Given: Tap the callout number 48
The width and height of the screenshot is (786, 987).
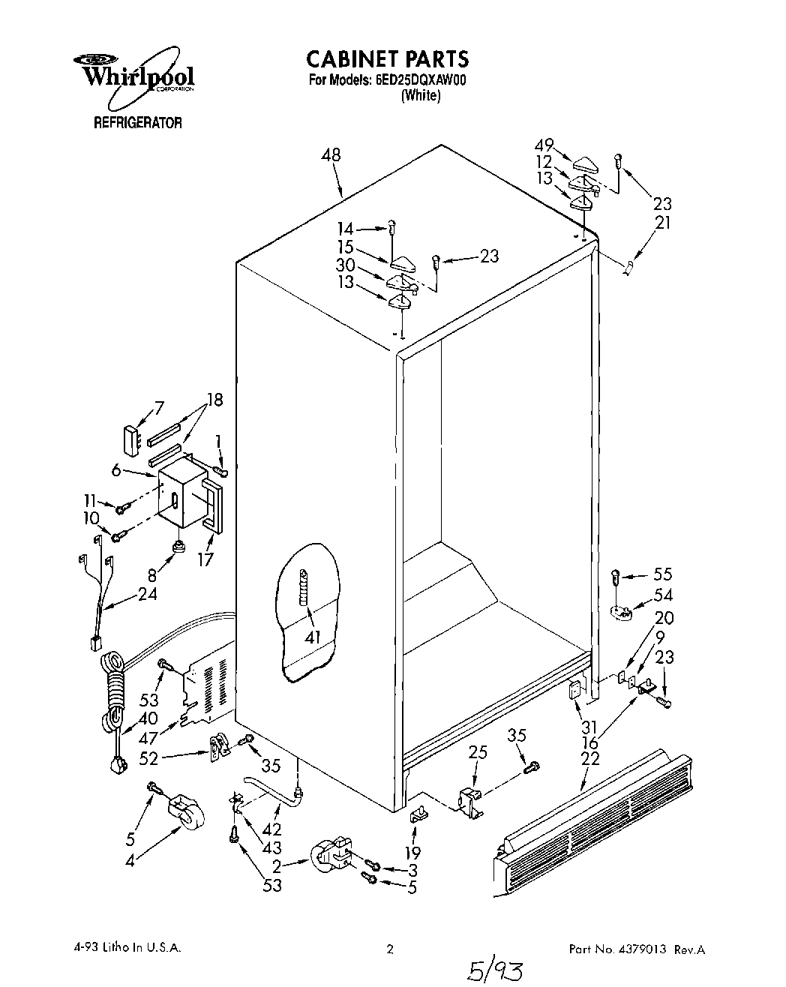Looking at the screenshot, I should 331,155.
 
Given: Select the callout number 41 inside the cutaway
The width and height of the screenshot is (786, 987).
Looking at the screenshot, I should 313,637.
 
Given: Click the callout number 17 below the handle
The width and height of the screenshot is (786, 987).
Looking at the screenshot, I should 205,559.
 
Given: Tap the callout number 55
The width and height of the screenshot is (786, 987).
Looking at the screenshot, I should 663,574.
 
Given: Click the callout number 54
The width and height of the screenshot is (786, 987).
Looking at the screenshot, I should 663,595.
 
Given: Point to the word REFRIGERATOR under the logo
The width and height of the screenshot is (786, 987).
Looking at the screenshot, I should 137,123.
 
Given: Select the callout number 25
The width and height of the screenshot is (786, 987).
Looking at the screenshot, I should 478,751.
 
